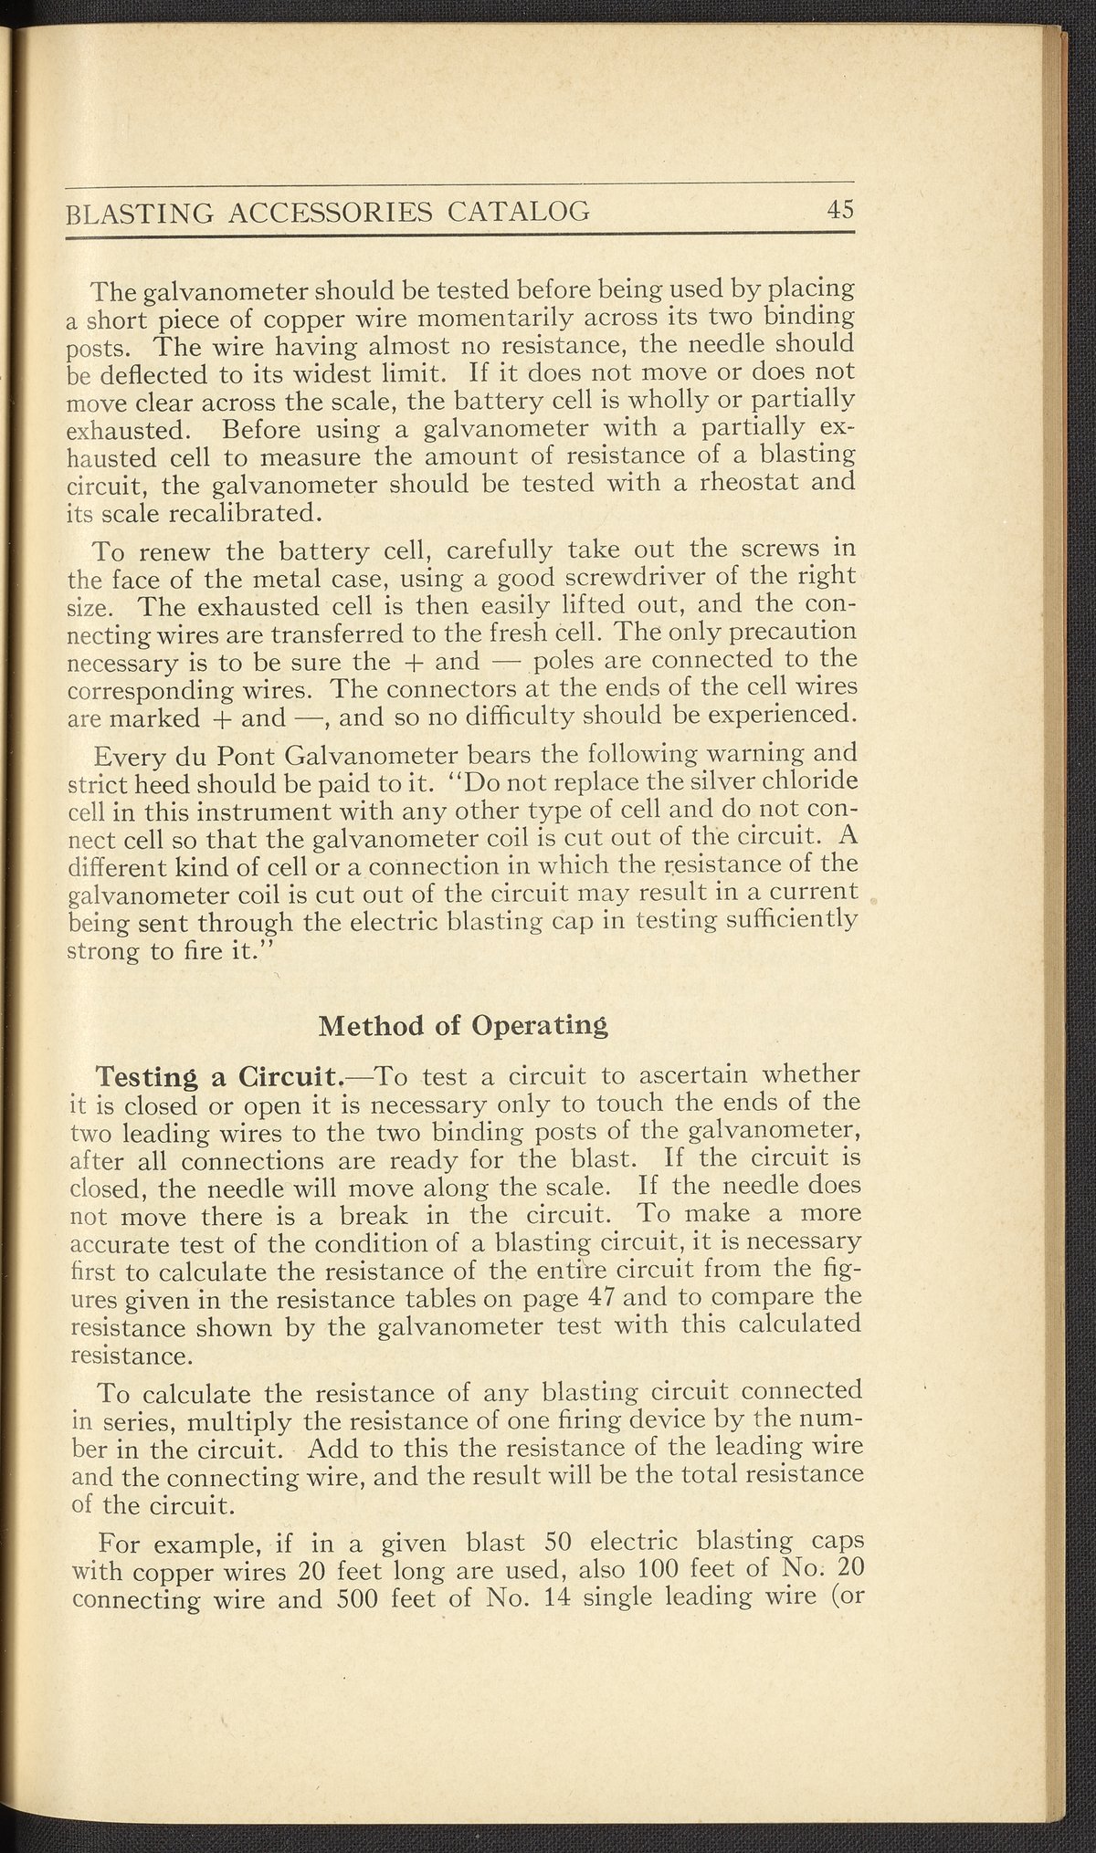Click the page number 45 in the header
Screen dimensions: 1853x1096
click(x=839, y=210)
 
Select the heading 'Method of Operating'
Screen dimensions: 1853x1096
click(x=462, y=1025)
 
